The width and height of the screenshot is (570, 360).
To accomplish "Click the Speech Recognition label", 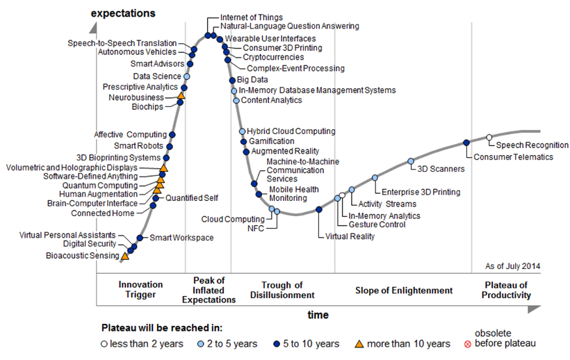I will tap(532, 145).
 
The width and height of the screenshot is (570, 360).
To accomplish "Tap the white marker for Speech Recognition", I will tap(489, 137).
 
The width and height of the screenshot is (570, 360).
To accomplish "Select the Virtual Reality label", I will tap(350, 236).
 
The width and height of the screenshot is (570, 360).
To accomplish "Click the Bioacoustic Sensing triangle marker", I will tap(125, 256).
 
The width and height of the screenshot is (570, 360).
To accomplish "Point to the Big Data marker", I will tap(233, 81).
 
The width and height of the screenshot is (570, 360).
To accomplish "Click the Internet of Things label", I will tap(251, 17).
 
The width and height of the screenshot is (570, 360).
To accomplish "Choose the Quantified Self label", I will tap(192, 198).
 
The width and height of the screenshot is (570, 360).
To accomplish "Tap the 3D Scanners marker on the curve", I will tap(410, 161).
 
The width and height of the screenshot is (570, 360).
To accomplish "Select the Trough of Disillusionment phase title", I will tap(282, 290).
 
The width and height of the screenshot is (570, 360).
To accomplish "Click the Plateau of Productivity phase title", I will tap(507, 290).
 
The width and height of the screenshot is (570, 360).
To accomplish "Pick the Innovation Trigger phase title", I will tap(140, 290).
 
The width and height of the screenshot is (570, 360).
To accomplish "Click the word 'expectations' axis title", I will tap(123, 13).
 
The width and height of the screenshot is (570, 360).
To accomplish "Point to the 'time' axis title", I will tap(318, 315).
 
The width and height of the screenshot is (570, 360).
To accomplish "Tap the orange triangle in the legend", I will tap(359, 343).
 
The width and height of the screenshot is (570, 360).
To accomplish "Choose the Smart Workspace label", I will tap(181, 238).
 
